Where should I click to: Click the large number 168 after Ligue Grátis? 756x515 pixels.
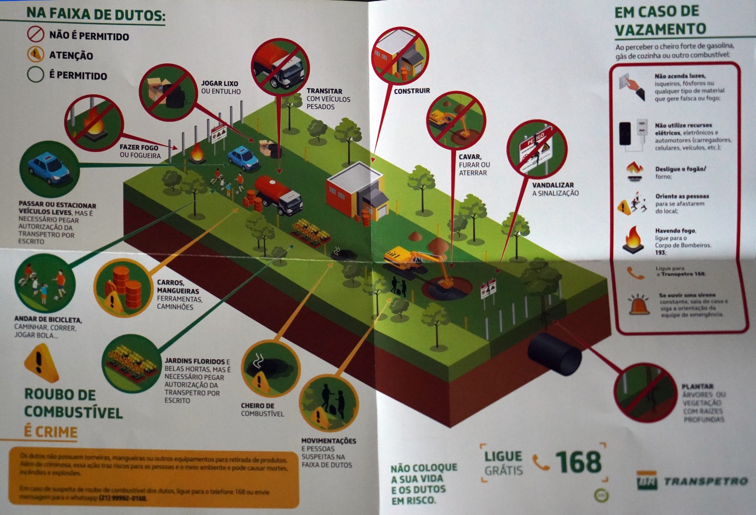[578, 462]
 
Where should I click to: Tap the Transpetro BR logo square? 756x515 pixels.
[646, 480]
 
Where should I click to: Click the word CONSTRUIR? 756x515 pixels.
[412, 91]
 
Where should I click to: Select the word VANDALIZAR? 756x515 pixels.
[553, 185]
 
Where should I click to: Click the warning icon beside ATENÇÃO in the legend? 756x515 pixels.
[35, 55]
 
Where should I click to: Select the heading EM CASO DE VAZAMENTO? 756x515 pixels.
[660, 21]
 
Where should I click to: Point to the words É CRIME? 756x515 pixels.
[51, 432]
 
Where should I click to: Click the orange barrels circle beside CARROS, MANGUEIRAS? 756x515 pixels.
[122, 288]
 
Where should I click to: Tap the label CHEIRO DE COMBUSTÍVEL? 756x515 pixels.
[262, 410]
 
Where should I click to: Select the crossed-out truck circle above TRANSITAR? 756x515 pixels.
[280, 66]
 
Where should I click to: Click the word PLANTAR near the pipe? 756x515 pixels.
[697, 386]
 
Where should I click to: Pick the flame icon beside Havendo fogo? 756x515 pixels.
[633, 239]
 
